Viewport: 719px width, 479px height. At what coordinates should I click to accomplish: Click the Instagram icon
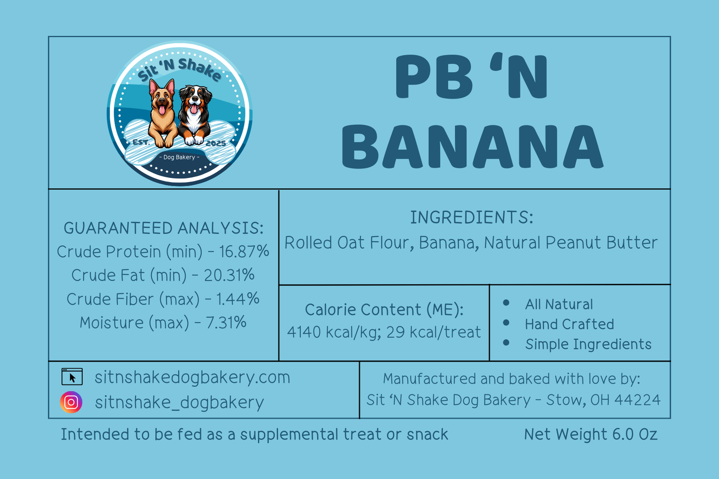(71, 402)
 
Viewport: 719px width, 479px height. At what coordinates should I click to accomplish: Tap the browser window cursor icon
(72, 377)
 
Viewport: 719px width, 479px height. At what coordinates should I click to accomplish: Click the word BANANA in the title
(473, 147)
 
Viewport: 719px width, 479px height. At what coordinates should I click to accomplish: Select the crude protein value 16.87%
(244, 251)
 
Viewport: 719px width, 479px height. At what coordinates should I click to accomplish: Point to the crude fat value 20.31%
(229, 275)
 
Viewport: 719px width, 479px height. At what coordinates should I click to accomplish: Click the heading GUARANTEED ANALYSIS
(163, 228)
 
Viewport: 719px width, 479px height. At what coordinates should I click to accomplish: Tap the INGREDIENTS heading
(472, 217)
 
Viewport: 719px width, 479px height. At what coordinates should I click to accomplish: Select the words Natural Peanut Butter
(571, 243)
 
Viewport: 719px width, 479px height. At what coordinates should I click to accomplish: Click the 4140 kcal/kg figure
(334, 332)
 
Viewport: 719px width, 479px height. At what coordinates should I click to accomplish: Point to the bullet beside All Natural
(506, 302)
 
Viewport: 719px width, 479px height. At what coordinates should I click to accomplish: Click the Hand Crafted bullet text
(569, 324)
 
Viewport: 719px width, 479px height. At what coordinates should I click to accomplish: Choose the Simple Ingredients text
(588, 344)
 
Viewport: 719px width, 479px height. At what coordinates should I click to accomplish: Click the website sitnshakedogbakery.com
(192, 377)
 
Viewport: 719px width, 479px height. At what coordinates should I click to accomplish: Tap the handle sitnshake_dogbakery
(180, 402)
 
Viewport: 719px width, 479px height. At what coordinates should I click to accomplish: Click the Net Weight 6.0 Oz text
(591, 434)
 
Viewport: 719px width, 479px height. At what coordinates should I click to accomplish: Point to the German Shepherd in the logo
(163, 114)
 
